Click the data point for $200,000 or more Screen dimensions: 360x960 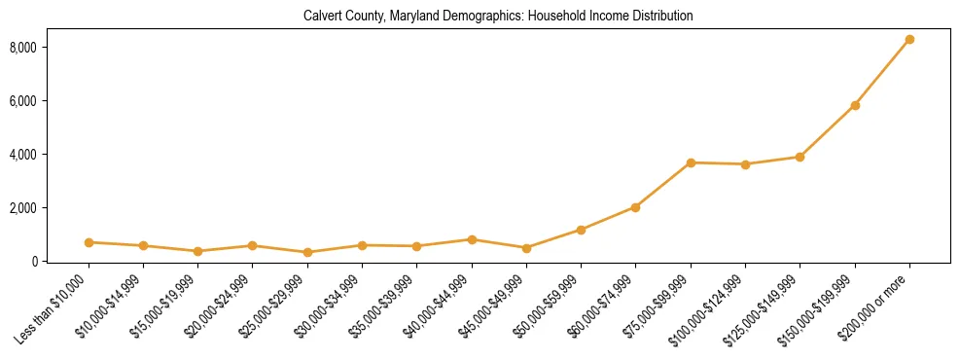[909, 40]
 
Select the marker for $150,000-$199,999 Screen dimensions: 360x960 [855, 105]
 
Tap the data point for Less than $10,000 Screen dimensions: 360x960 [89, 242]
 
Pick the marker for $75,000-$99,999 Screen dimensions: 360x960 [691, 162]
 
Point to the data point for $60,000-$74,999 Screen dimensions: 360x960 [635, 207]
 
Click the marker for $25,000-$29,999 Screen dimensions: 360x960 [307, 252]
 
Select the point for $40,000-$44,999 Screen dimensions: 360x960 [472, 239]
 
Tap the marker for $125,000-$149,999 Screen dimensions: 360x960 [800, 157]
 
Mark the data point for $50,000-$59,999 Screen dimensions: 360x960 [581, 230]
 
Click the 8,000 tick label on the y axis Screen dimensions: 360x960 [51, 48]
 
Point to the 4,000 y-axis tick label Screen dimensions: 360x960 [51, 155]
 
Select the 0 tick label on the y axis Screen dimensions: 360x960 [60, 262]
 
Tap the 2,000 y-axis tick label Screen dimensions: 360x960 [51, 208]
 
